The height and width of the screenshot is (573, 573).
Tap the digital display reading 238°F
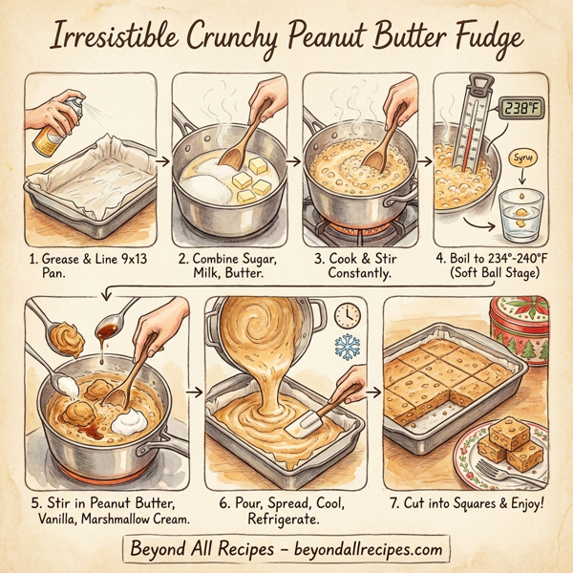[523, 107]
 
